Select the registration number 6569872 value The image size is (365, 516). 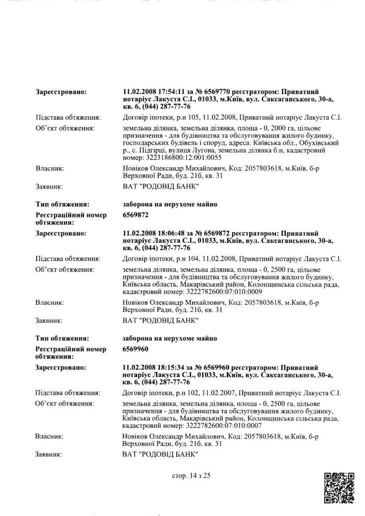[135, 215]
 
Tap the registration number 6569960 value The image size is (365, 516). [135, 349]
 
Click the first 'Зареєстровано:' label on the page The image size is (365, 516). [61, 92]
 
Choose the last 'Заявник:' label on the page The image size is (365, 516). [49, 454]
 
